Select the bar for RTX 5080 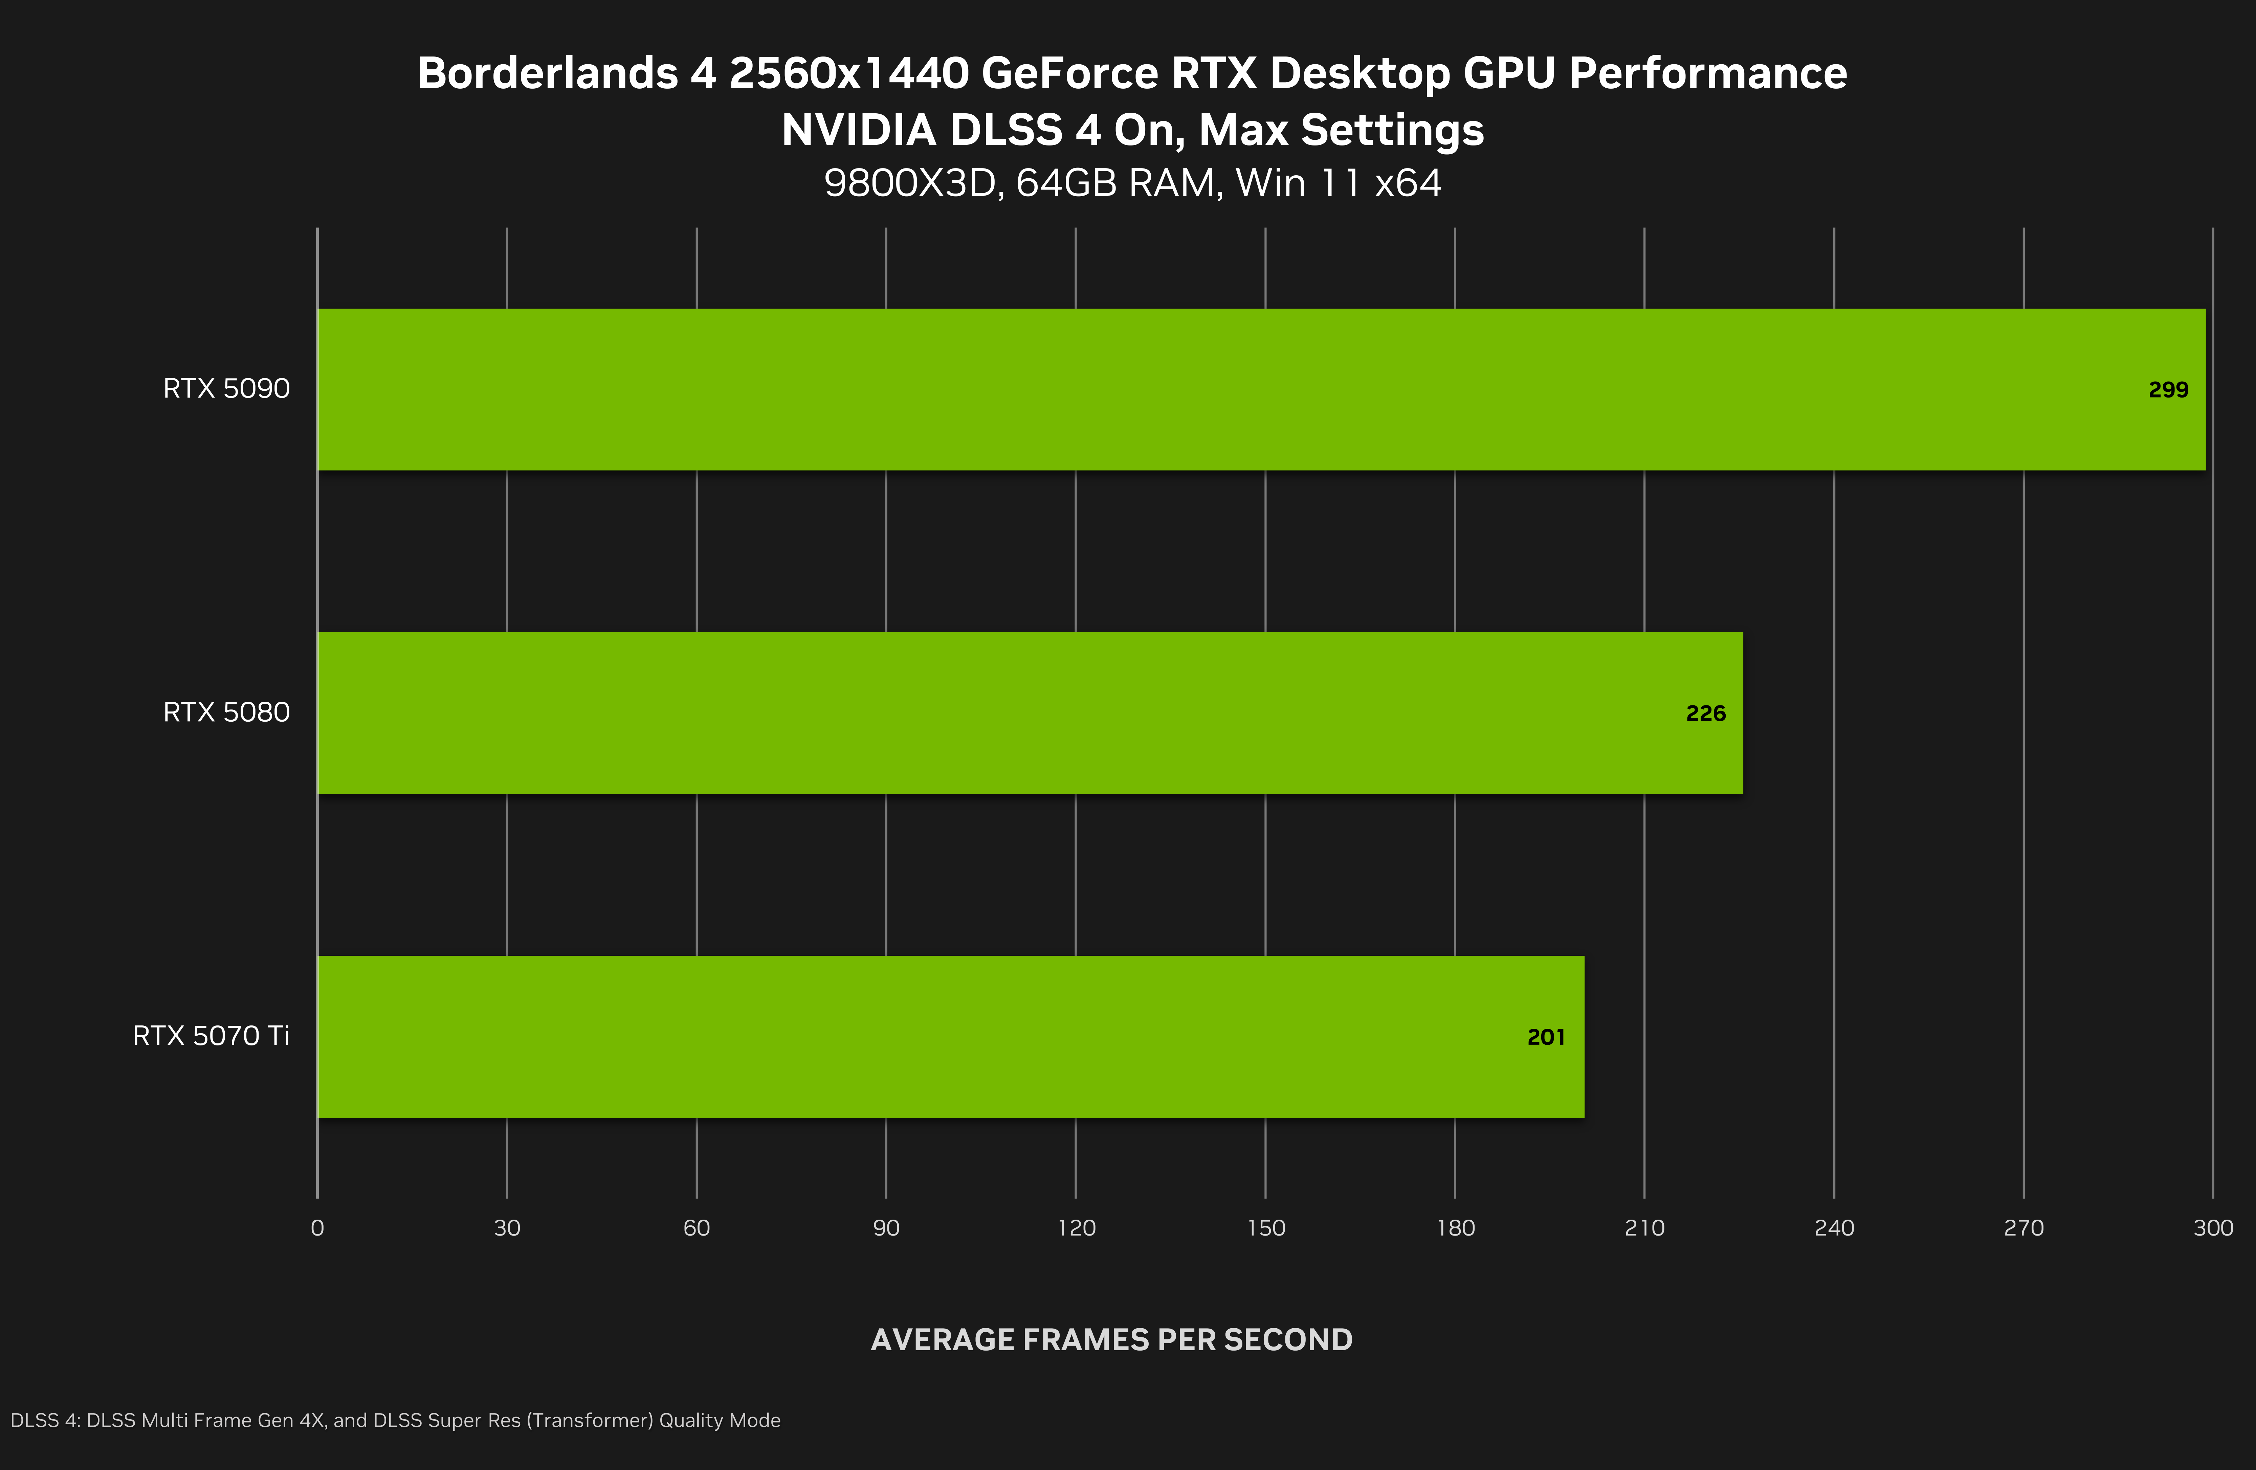1030,713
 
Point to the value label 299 2168,389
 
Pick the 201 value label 1546,1037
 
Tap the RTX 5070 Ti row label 211,1036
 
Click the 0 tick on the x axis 317,1228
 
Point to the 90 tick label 886,1228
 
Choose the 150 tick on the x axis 1265,1228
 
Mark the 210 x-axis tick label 1644,1228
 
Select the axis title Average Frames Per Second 1111,1339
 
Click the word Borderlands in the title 547,73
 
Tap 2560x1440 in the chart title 849,73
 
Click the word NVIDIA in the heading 858,130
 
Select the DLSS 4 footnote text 395,1420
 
